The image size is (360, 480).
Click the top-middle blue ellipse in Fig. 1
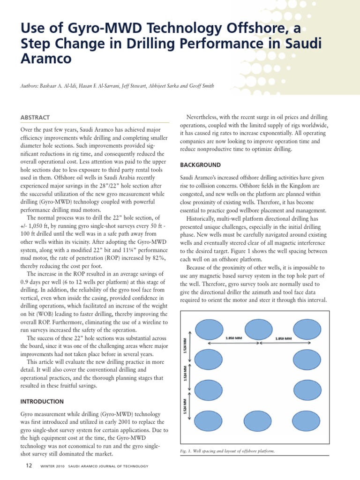(259, 329)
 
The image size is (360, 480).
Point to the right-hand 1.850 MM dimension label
(284, 338)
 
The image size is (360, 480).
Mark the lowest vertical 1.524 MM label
(186, 406)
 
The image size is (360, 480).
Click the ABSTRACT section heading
(35, 118)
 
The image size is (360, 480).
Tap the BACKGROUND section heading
(200, 165)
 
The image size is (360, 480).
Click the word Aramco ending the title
(46, 59)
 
